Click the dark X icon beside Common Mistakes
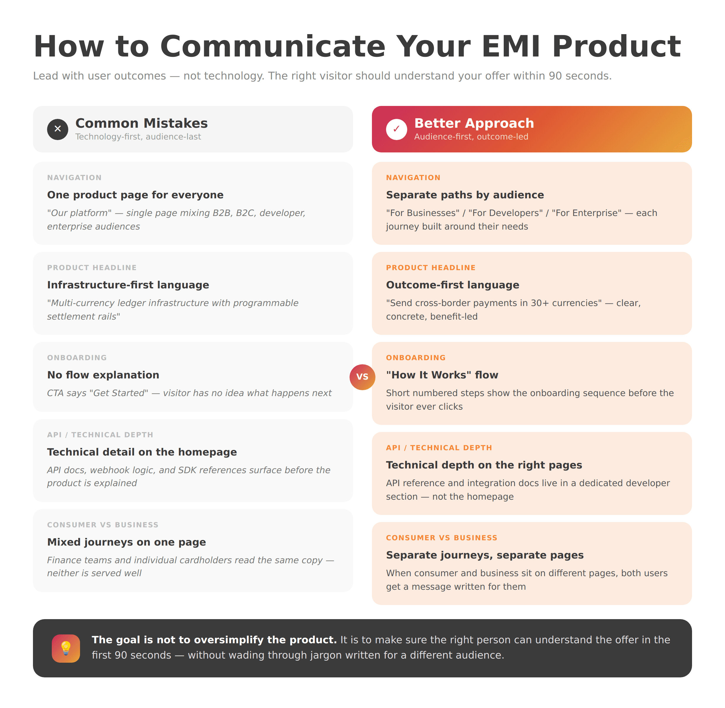coord(58,129)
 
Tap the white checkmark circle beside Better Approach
coord(396,129)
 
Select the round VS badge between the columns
coord(362,377)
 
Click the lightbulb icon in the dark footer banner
coord(66,648)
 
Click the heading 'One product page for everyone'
coord(135,195)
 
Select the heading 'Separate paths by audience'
coord(465,195)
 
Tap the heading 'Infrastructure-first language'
coord(128,285)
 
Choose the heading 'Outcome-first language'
coord(453,285)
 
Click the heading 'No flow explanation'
coord(103,375)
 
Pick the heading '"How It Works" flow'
coord(442,375)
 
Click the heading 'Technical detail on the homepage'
coord(142,452)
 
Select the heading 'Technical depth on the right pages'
coord(484,465)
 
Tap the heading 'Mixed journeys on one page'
coord(127,542)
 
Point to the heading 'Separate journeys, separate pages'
coord(484,555)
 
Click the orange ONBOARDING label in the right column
coord(416,358)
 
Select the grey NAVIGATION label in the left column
coord(74,178)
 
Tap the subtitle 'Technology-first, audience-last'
coord(138,137)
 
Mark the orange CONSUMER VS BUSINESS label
coord(441,538)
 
